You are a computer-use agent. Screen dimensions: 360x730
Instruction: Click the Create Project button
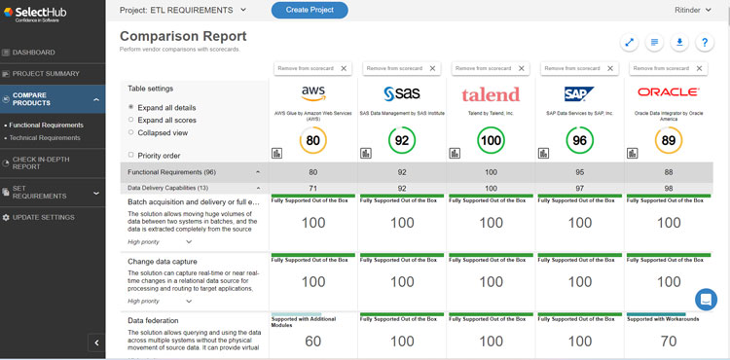[x=310, y=11]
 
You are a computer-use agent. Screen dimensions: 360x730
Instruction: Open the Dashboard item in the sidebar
[x=34, y=53]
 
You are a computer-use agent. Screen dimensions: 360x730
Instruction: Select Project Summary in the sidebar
[x=46, y=74]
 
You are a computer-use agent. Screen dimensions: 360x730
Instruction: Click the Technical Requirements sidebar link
[x=45, y=138]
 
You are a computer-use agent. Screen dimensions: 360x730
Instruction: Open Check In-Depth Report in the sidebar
[x=41, y=162]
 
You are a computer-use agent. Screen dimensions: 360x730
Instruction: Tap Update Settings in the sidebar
[x=44, y=217]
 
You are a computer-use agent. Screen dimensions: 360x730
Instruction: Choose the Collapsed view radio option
[x=131, y=132]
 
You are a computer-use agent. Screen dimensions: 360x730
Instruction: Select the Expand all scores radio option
[x=131, y=120]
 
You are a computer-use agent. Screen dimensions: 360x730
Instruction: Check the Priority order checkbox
[x=131, y=155]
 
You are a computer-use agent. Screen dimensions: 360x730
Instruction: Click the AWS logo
[x=312, y=93]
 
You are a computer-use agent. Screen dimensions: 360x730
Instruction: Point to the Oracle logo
[x=669, y=91]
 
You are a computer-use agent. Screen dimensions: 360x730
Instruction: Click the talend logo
[x=492, y=94]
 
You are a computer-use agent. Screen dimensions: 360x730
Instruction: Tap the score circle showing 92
[x=402, y=141]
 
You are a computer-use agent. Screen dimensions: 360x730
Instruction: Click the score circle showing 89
[x=669, y=141]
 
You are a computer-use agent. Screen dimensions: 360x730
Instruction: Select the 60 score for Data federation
[x=312, y=342]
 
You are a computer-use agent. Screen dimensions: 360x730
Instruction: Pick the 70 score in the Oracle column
[x=669, y=342]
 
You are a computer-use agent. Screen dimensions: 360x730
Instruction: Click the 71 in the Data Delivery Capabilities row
[x=312, y=187]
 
